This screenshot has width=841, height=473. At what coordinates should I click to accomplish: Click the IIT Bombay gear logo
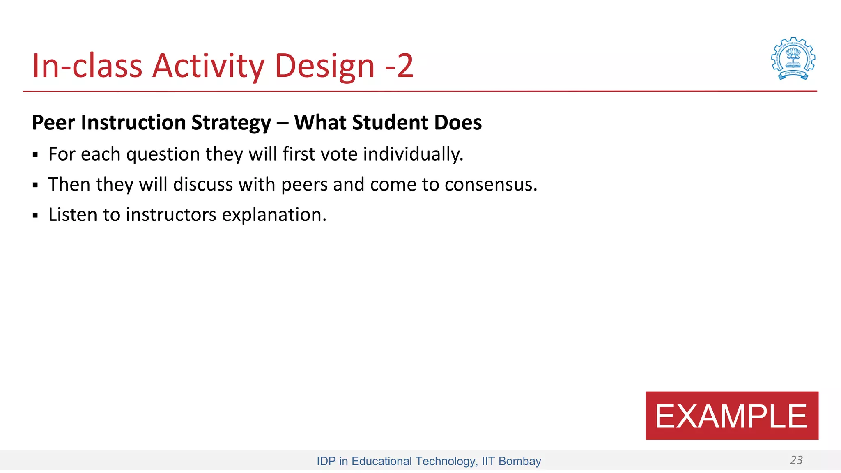[793, 59]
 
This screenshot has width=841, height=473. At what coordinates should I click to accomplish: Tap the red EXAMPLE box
[731, 416]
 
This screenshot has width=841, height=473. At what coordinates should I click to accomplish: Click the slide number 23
[796, 460]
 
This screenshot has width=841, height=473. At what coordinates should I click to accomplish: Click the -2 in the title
[399, 66]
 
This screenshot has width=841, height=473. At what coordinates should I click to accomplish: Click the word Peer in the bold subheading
[53, 123]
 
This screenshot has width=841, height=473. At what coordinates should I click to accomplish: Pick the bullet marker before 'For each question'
[35, 155]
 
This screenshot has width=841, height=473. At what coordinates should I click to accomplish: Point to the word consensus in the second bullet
[491, 184]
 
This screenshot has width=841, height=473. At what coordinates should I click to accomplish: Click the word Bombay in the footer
[519, 461]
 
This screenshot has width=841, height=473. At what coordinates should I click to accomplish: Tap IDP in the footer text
[326, 461]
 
